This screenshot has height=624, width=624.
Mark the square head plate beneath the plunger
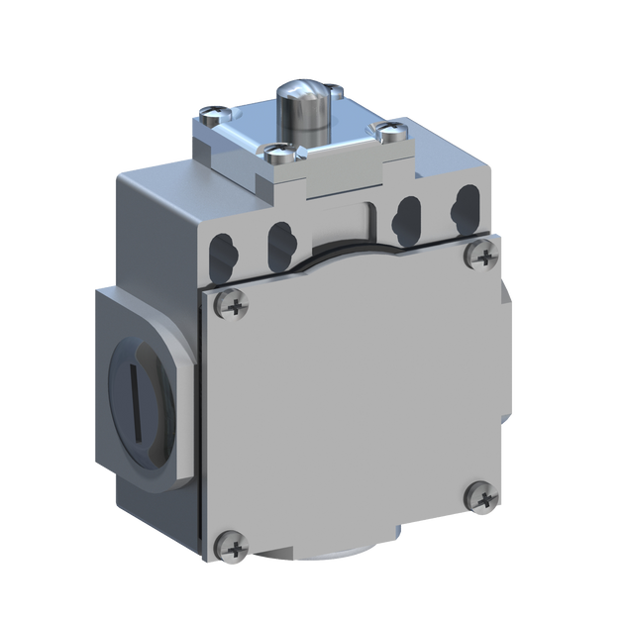[x=297, y=144]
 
